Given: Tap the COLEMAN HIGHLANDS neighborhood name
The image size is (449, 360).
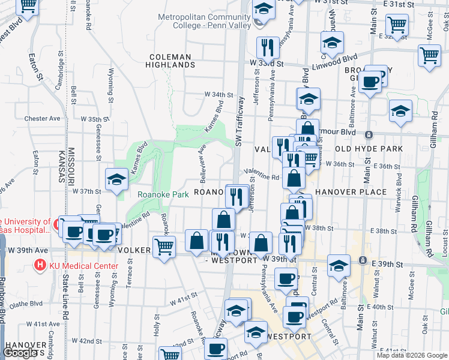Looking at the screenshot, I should point(170,61).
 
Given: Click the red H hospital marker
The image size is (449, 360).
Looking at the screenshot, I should point(40,263).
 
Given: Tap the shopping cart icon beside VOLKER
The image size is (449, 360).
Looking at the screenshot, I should point(164,246).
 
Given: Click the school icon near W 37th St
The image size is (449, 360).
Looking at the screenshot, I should point(116,179).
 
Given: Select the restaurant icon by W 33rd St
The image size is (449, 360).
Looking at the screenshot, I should point(267,47).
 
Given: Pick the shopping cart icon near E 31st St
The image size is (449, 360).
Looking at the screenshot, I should point(397,25).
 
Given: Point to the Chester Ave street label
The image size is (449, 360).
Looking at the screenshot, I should point(43,119).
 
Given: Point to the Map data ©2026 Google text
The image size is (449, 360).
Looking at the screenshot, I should point(412,355).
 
